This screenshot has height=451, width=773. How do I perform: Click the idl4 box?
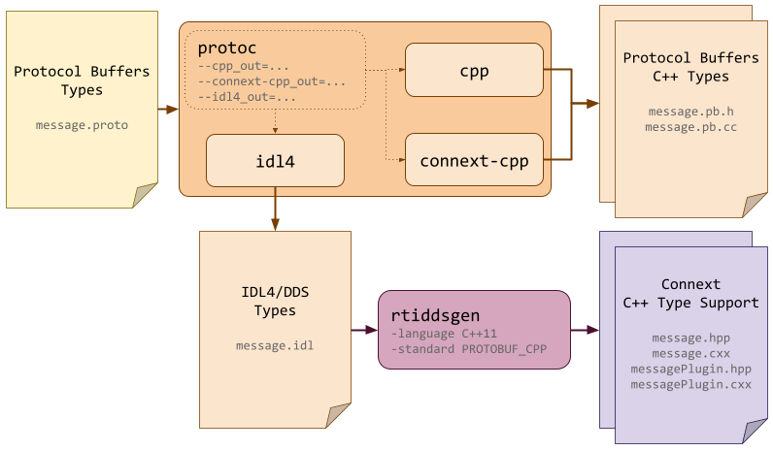tap(275, 161)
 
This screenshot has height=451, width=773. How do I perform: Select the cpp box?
tap(474, 70)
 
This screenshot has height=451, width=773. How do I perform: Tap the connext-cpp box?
tap(474, 161)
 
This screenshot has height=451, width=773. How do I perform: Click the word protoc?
tap(226, 48)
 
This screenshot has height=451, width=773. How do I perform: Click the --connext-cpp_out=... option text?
tap(272, 81)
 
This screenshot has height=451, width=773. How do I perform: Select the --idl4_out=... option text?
tap(248, 97)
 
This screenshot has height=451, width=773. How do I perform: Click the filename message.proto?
tap(82, 125)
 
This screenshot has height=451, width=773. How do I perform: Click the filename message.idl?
tap(275, 346)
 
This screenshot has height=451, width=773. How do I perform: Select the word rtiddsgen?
tap(435, 316)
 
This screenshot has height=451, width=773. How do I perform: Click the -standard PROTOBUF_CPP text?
tap(462, 349)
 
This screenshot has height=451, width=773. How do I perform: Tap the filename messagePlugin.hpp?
tap(690, 370)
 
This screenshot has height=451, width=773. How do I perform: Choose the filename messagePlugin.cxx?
tap(690, 385)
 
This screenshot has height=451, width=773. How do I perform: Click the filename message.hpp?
tap(690, 338)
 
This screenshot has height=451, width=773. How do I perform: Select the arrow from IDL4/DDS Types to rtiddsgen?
tap(363, 330)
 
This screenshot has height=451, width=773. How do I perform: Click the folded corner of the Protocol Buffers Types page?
tap(144, 196)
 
